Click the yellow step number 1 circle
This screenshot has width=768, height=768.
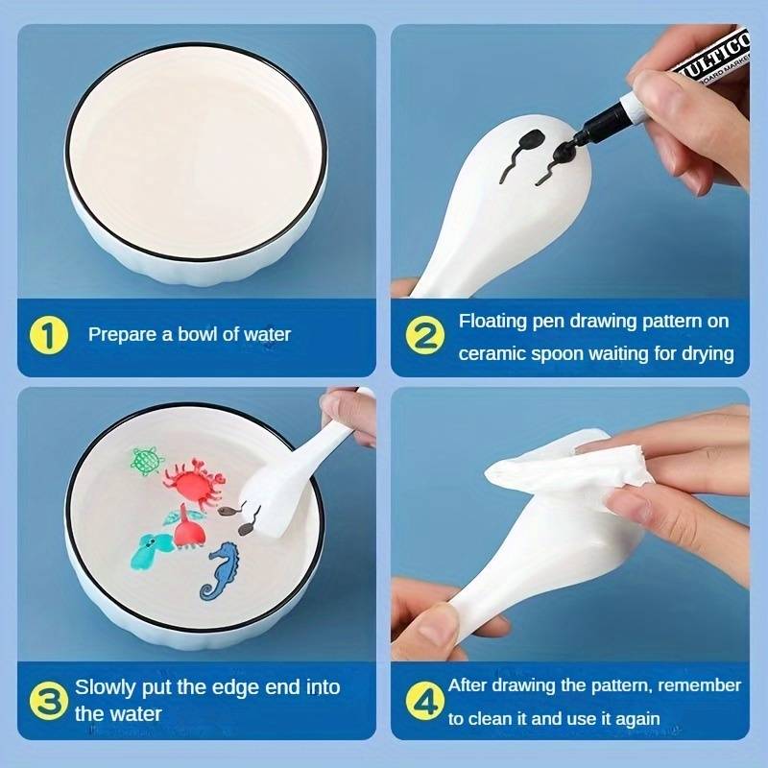point(49,335)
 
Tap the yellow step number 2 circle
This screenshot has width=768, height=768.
point(424,335)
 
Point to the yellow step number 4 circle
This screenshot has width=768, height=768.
point(424,701)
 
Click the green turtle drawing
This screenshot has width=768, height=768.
point(147,461)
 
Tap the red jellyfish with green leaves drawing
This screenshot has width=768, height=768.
point(184,525)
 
